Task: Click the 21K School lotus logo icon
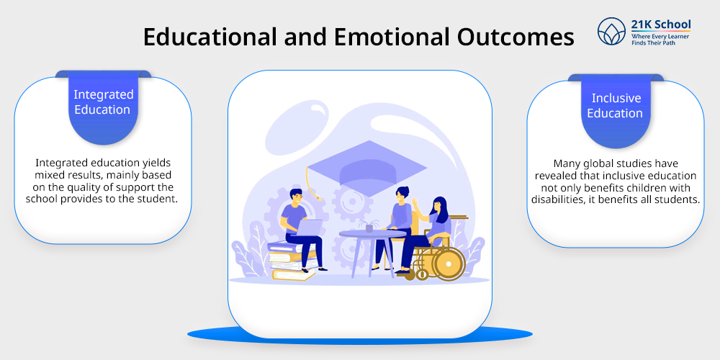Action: (611, 31)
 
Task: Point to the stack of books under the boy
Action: (292, 260)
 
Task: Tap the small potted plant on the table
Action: (369, 226)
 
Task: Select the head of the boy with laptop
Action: (295, 197)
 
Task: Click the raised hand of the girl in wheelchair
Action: (415, 202)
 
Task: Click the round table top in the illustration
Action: (372, 234)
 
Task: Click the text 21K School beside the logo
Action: (661, 24)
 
